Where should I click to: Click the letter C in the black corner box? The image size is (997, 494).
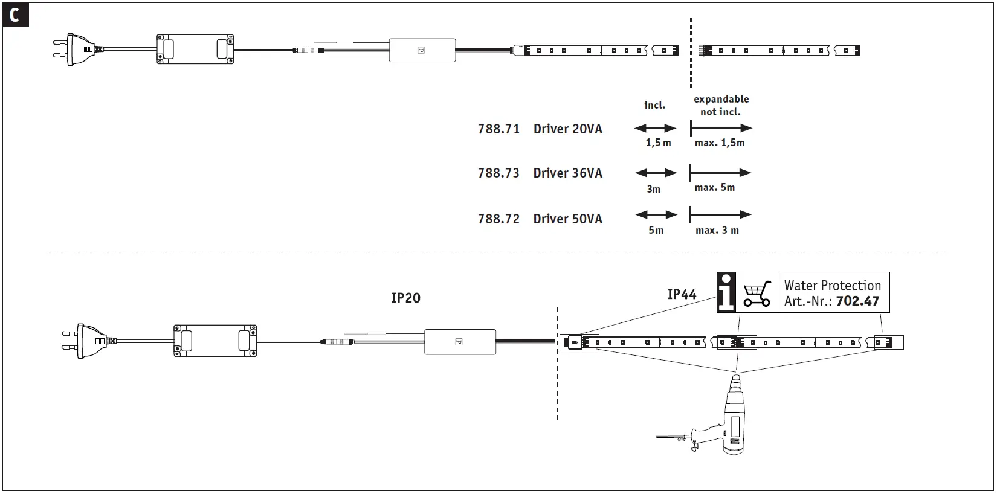coord(15,15)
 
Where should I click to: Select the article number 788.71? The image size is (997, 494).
coord(498,129)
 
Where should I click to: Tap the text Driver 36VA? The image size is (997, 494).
coord(567,173)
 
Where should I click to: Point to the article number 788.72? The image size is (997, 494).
coord(498,219)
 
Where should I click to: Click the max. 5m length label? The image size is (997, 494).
coord(714,187)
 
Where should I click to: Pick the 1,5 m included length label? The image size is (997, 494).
coord(658,143)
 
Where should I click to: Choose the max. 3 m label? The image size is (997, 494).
coord(717,230)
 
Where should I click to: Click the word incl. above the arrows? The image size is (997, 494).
coord(654,105)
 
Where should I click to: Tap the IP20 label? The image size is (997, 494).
coord(405,298)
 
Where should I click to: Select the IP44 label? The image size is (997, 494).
coord(682,294)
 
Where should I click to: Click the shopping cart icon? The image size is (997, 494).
coord(757,293)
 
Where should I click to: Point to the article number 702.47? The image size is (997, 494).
coord(857,301)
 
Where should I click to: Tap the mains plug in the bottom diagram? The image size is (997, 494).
coord(84,341)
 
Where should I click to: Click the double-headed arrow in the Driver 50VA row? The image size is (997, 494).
coord(656,214)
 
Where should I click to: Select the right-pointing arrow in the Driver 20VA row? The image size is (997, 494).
coord(721,128)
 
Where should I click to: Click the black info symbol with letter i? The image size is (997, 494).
coord(727,292)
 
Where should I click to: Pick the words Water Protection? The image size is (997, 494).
coord(832,285)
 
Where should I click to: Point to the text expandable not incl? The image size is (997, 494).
coord(721,106)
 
